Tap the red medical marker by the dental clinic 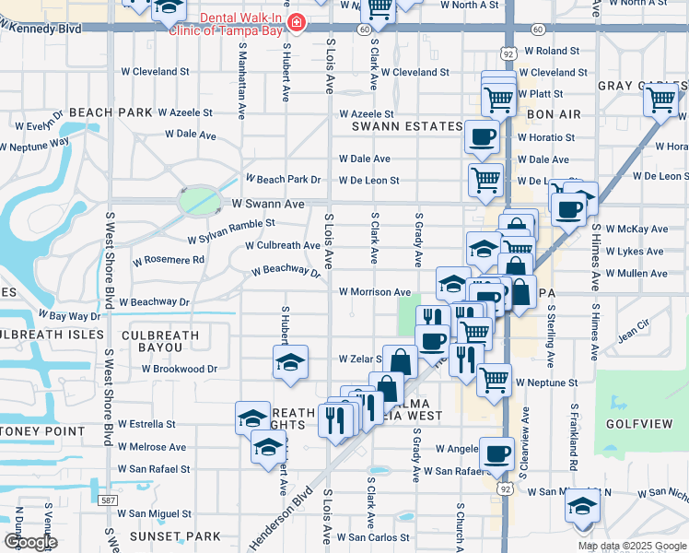tap(296, 22)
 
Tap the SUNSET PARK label tap(189, 535)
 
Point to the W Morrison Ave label tap(375, 292)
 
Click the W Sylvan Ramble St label tap(231, 224)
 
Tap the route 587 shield tap(109, 500)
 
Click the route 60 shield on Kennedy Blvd tap(366, 29)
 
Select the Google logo tap(30, 542)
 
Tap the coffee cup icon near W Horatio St tap(482, 137)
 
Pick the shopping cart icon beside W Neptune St tap(495, 378)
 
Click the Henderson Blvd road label tap(280, 524)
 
